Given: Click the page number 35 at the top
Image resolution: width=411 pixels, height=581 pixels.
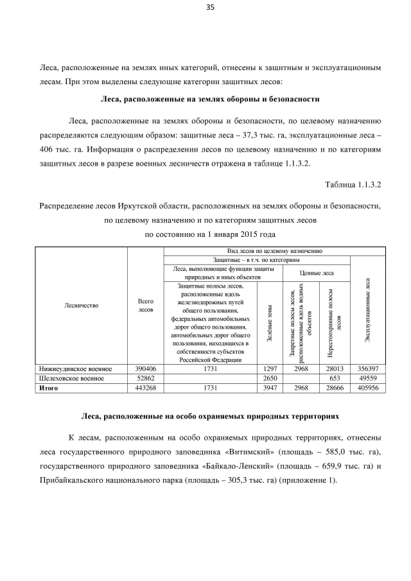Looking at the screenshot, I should [209, 8].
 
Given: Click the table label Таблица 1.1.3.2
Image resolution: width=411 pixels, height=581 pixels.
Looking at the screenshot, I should [354, 185].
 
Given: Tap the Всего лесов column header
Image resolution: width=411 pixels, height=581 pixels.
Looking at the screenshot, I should [146, 306].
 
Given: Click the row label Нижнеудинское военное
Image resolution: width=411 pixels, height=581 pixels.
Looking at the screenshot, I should [76, 369].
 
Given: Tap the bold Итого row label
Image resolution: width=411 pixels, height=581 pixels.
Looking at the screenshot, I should [49, 388].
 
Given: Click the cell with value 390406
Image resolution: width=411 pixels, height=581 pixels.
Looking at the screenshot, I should [146, 369].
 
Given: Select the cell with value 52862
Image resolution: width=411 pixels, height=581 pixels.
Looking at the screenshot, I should [146, 379].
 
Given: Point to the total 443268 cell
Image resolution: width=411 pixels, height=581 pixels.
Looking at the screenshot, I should [146, 388].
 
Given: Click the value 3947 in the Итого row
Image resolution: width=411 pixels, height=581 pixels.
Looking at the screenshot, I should [270, 388].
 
